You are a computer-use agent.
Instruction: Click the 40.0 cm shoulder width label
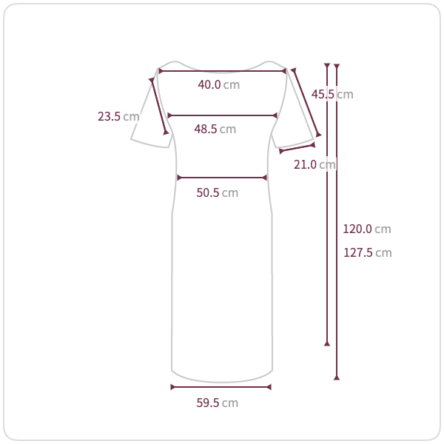[218, 84]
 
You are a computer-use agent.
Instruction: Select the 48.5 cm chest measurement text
[215, 129]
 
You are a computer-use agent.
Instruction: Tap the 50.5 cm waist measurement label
[217, 193]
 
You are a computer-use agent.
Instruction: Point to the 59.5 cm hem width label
[217, 403]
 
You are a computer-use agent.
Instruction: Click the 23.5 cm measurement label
[118, 116]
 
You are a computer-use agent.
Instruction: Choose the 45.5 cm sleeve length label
[332, 94]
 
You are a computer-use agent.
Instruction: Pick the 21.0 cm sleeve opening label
[314, 164]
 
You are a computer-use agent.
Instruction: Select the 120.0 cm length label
[367, 229]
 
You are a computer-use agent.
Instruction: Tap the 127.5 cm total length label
[367, 252]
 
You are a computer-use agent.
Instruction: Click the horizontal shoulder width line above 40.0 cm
[222, 71]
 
